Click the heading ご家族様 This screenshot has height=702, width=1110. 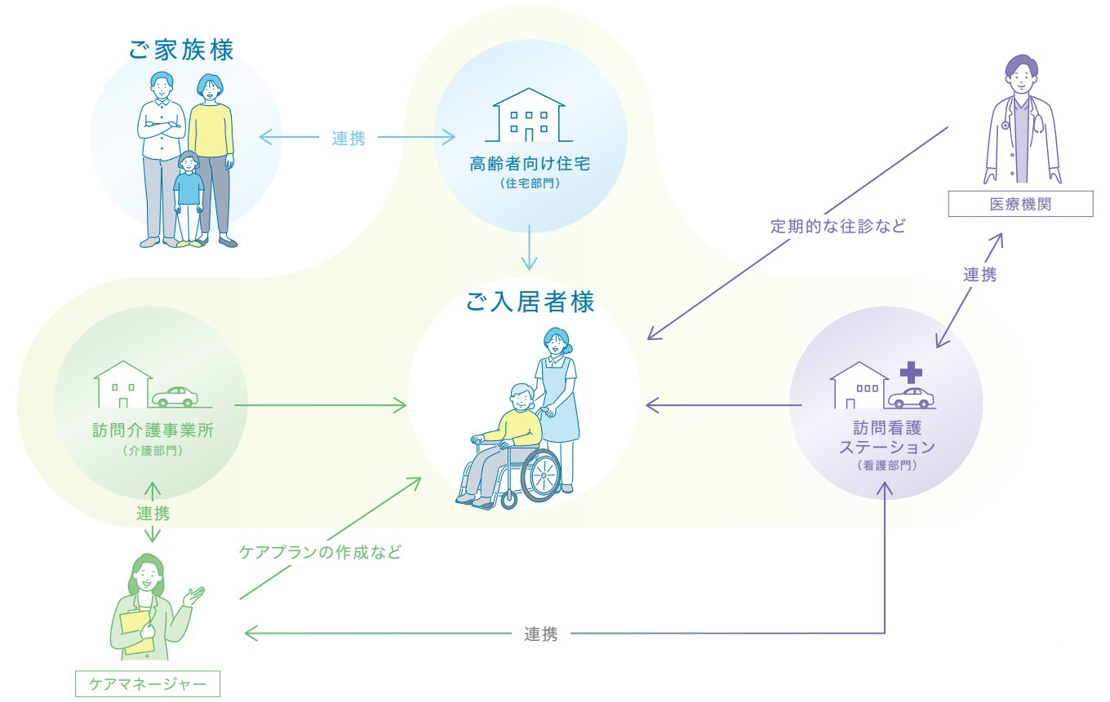[181, 50]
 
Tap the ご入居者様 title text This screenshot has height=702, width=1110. [531, 302]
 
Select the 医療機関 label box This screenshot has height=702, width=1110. [1020, 204]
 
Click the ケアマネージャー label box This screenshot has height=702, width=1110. [148, 684]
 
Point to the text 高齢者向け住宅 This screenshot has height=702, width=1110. [530, 163]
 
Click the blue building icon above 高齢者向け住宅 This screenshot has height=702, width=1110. [529, 115]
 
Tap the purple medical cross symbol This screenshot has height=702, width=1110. [911, 373]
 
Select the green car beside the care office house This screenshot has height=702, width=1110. [175, 396]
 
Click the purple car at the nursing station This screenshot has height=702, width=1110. [911, 398]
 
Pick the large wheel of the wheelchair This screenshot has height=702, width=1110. [540, 475]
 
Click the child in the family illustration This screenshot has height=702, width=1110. [189, 199]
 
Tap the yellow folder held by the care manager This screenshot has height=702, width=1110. [136, 632]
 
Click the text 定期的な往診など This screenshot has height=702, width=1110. [838, 226]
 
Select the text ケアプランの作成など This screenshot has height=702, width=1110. [320, 552]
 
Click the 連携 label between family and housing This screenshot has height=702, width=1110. [349, 138]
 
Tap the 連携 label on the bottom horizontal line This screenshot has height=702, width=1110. [540, 634]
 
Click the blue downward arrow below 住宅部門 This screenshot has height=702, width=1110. [529, 247]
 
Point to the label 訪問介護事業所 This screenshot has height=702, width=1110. [153, 430]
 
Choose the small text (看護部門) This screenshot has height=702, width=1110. [886, 466]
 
